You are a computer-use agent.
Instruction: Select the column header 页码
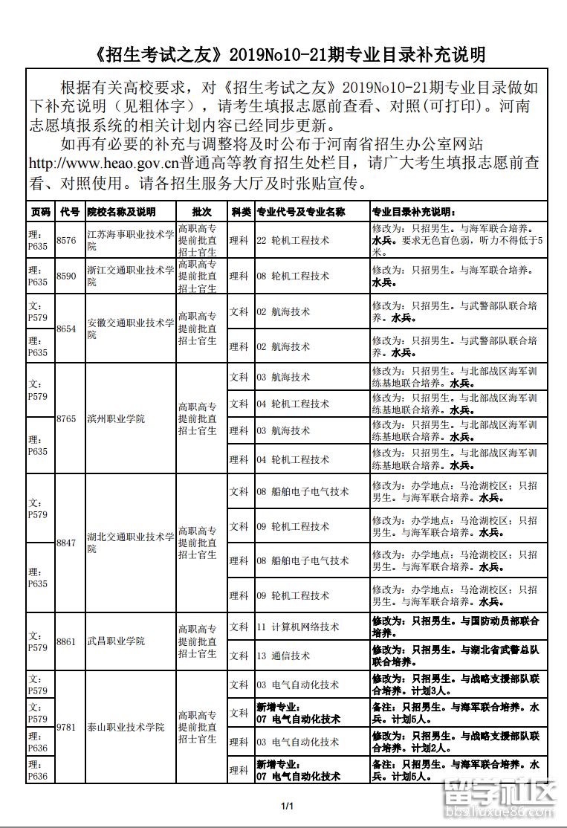coord(40,212)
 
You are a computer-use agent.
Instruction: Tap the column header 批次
coord(201,212)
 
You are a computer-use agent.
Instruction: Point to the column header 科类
coord(240,212)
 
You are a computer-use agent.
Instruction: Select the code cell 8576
coord(67,240)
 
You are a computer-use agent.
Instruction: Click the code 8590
coord(67,276)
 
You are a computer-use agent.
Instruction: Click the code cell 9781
coord(67,727)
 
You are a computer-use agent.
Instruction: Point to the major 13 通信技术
coord(283,656)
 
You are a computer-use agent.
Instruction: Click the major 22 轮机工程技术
coord(293,240)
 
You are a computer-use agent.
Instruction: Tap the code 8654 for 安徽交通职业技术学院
coord(67,329)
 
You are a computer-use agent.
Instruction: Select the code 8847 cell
coord(67,543)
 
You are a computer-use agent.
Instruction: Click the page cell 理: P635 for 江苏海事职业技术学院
coord(39,240)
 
